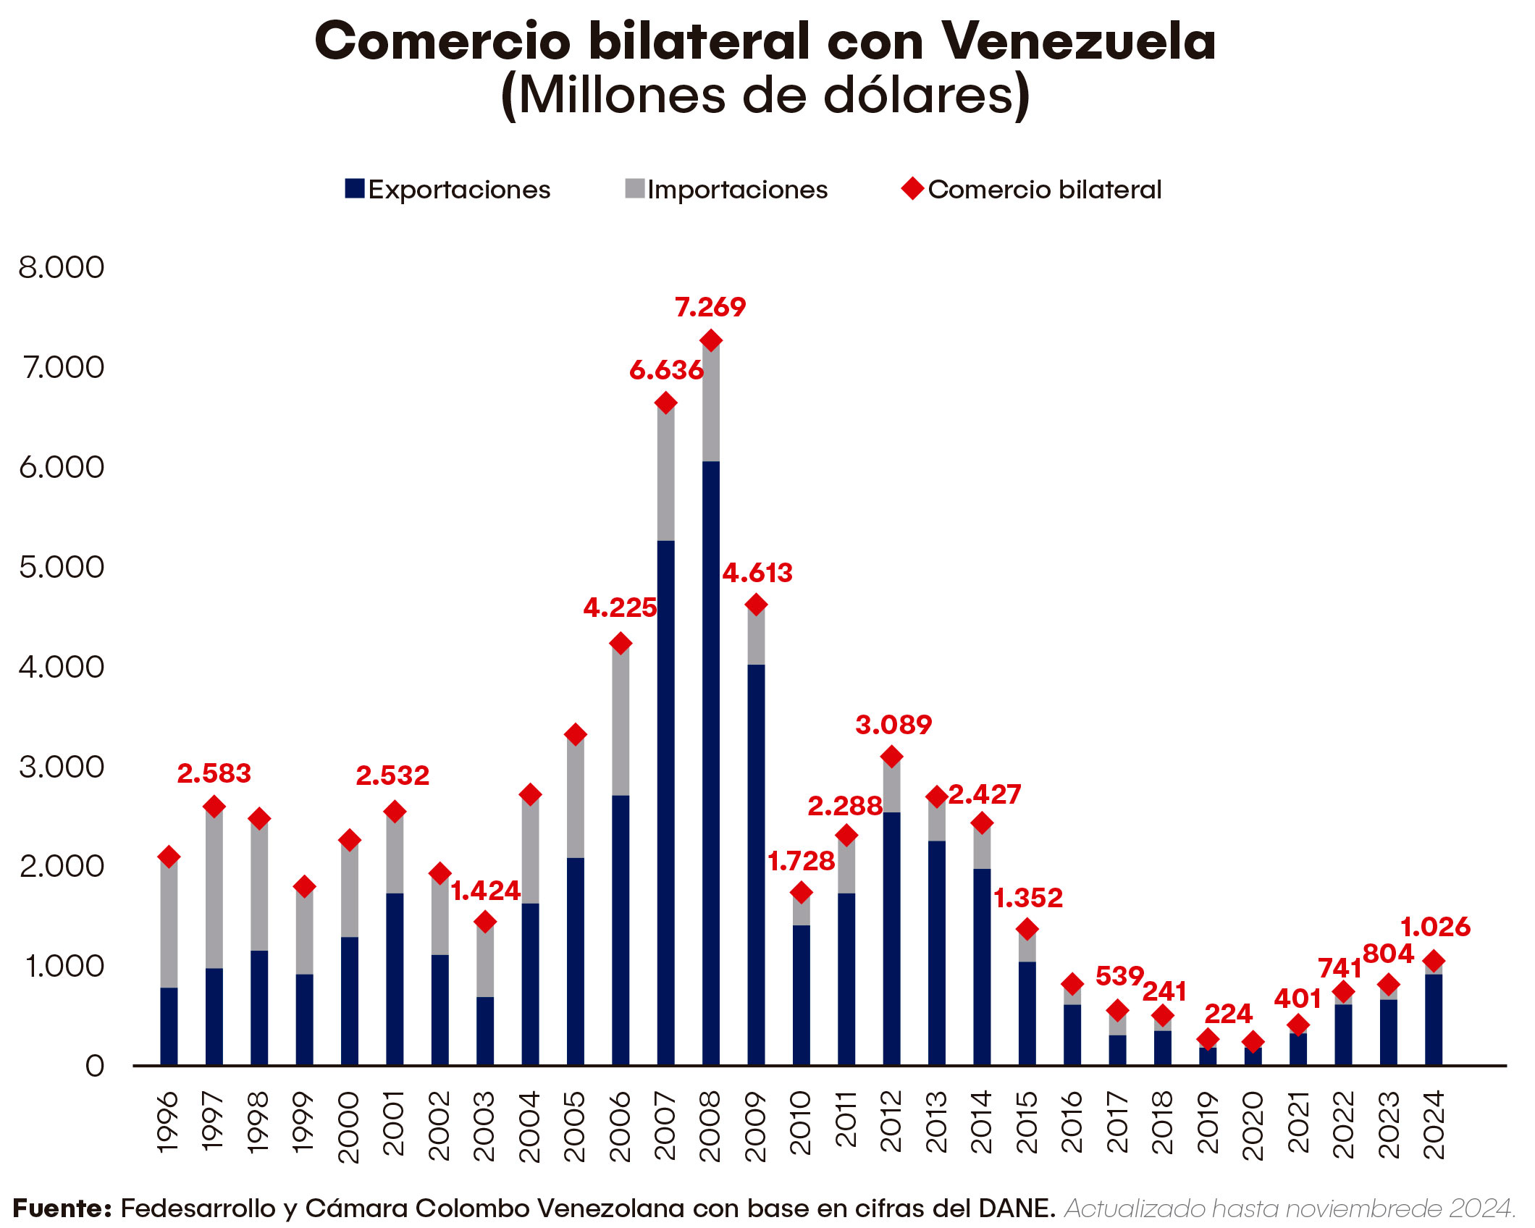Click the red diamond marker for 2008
coord(711,340)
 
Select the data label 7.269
coord(710,308)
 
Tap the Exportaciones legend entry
coord(447,190)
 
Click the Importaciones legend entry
coord(726,190)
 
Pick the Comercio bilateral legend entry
coord(1032,190)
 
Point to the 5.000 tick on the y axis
coord(62,568)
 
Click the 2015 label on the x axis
coord(1027,1122)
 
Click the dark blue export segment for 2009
coord(756,862)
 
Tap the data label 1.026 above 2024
coord(1435,927)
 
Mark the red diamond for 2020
coord(1253,1043)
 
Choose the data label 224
coord(1228,1014)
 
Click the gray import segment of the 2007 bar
coord(666,474)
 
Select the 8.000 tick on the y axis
coord(62,268)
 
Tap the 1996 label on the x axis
coord(168,1122)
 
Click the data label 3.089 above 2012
coord(893,725)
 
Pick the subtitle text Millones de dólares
coord(765,96)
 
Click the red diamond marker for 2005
coord(575,735)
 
